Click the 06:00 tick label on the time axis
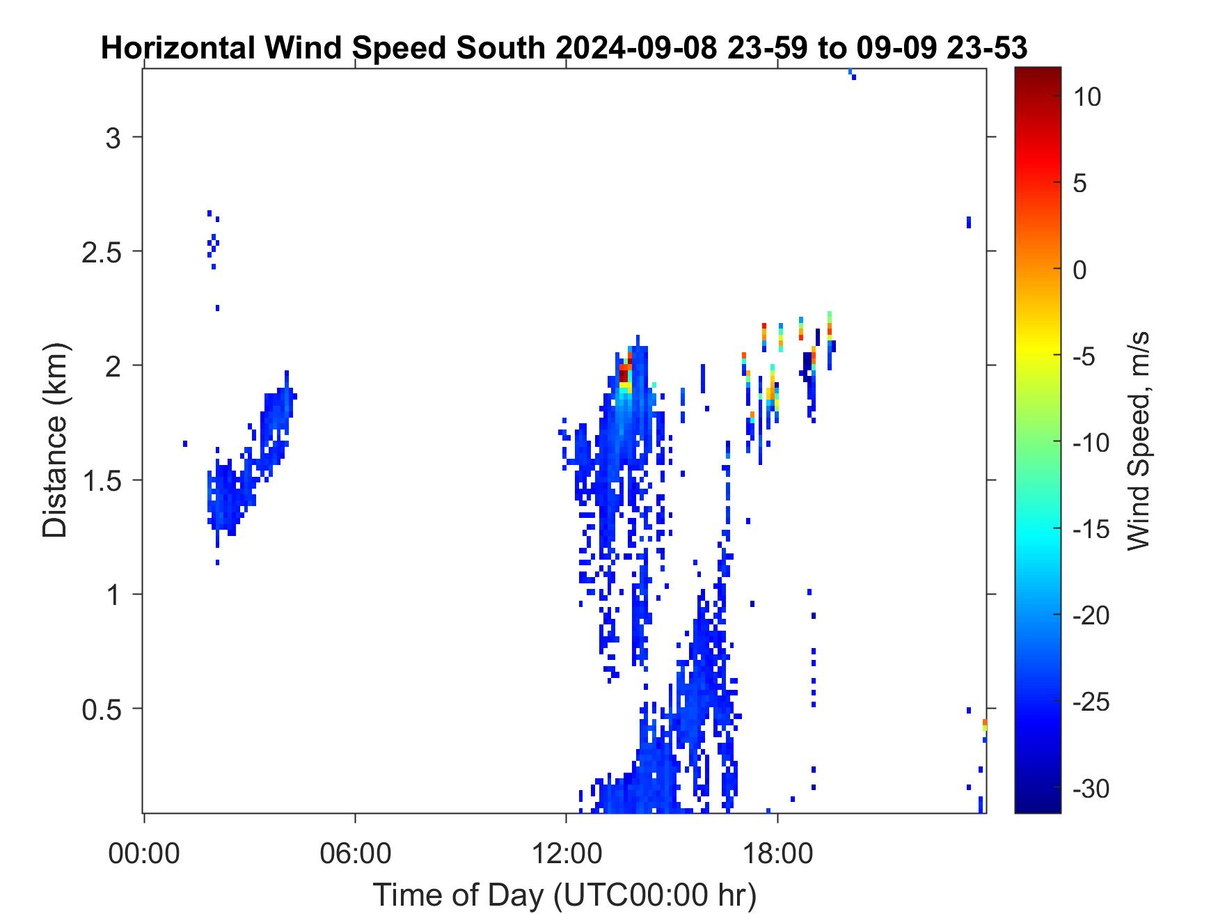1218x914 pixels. pos(355,853)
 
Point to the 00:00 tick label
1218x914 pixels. pos(144,853)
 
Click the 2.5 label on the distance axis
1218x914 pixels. pos(102,251)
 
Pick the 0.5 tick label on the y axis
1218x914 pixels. pos(102,709)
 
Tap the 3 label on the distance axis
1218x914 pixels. pos(113,137)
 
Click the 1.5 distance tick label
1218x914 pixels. pos(102,480)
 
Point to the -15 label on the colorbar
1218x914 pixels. pos(1091,529)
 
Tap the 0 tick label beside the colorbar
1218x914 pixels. pos(1080,269)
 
